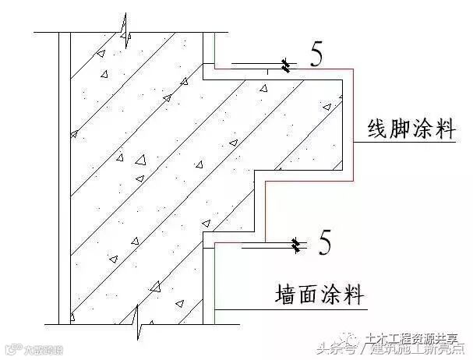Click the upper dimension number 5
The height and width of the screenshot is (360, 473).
click(316, 56)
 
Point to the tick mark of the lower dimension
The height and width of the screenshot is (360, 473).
click(295, 246)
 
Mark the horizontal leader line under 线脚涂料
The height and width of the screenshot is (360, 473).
click(405, 143)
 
